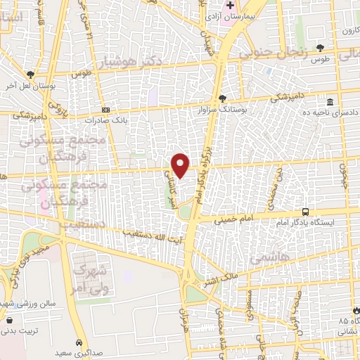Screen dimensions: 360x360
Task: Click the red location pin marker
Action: point(181,165)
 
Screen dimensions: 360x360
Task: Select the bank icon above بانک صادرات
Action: point(105,110)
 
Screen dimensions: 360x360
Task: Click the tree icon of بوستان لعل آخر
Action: point(30,75)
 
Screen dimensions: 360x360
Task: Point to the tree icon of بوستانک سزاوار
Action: point(222,98)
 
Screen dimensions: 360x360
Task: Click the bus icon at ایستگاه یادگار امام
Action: point(305,211)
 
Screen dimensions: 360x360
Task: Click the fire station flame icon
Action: point(354,310)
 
